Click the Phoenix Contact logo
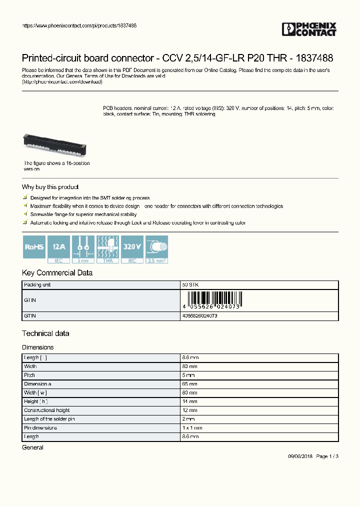coord(309,29)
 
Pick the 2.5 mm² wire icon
coord(156,248)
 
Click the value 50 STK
coord(190,284)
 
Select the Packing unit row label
coord(37,284)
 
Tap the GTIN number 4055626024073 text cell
coord(200,316)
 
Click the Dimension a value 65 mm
coord(190,384)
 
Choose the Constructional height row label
coord(47,410)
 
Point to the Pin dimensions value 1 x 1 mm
coord(192,428)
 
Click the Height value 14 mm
coord(190,401)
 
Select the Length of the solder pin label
coord(49,419)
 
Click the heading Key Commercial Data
coord(57,273)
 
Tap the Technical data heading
coord(45,333)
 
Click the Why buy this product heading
coord(50,187)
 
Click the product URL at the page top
coord(79,25)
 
